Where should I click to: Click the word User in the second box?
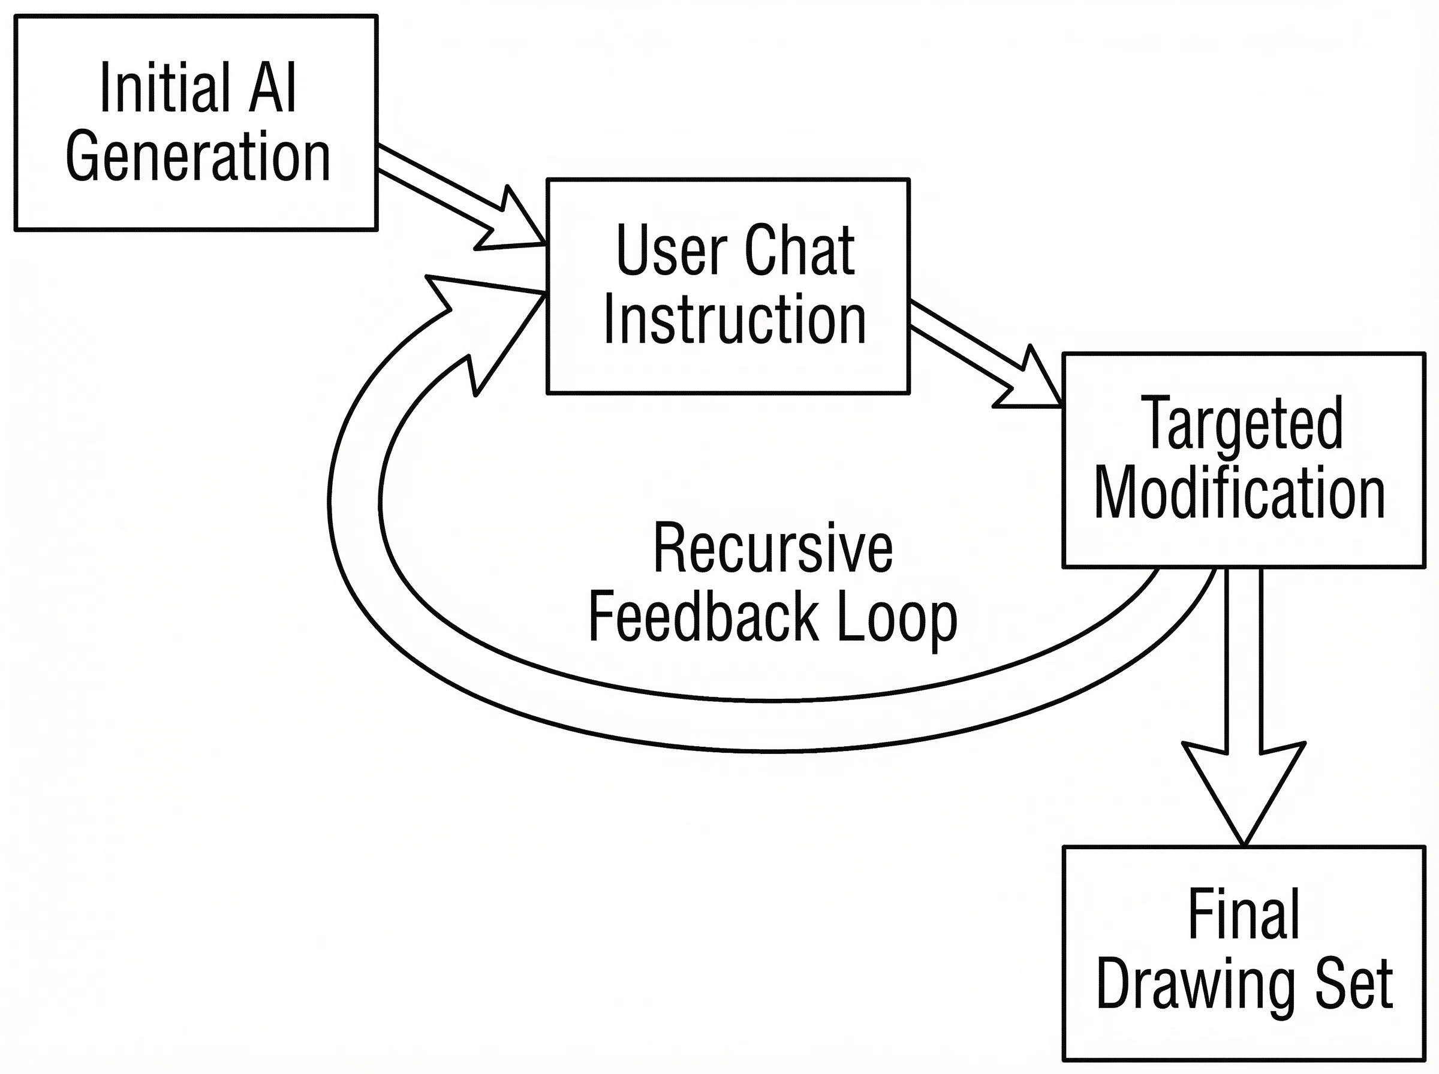pos(671,251)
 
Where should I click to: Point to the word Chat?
pos(800,251)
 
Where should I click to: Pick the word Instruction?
pos(734,319)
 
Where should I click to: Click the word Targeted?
pos(1242,423)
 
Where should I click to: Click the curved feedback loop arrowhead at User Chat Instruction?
pos(484,331)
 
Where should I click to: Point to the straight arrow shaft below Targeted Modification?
pos(1244,660)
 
